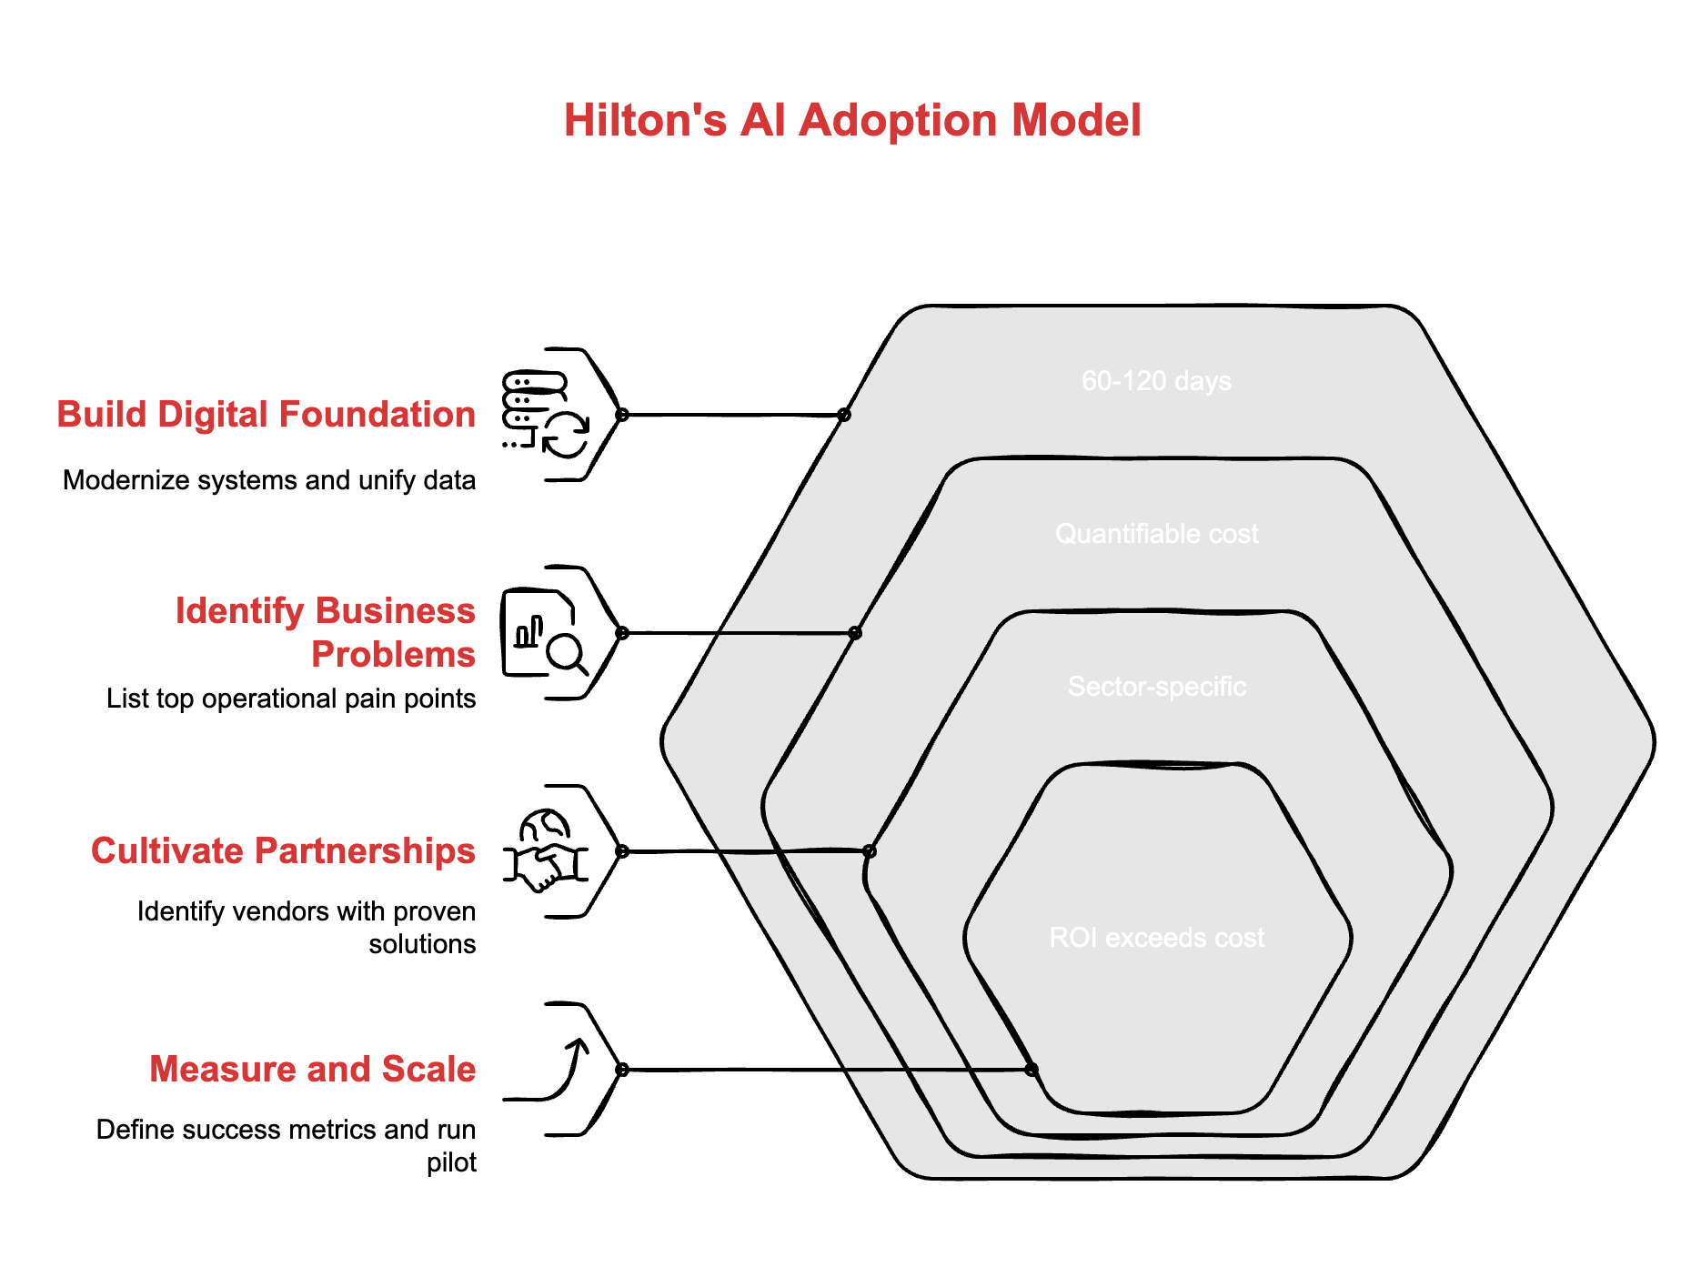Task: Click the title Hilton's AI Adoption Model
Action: coord(851,120)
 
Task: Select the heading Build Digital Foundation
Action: coord(266,415)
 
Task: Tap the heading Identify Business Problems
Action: coord(325,632)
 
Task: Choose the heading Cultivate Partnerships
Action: coord(283,851)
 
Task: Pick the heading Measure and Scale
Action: coord(312,1070)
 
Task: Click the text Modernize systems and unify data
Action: coord(269,480)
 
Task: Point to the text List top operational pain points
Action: coord(291,699)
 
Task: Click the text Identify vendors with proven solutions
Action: coord(307,927)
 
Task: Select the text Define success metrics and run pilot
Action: coord(287,1145)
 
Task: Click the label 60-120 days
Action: coord(1156,381)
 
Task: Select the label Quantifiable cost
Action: coord(1156,534)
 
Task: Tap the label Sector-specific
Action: coord(1156,687)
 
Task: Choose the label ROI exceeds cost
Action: coord(1156,938)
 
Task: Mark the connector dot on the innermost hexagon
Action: coord(1031,1070)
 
